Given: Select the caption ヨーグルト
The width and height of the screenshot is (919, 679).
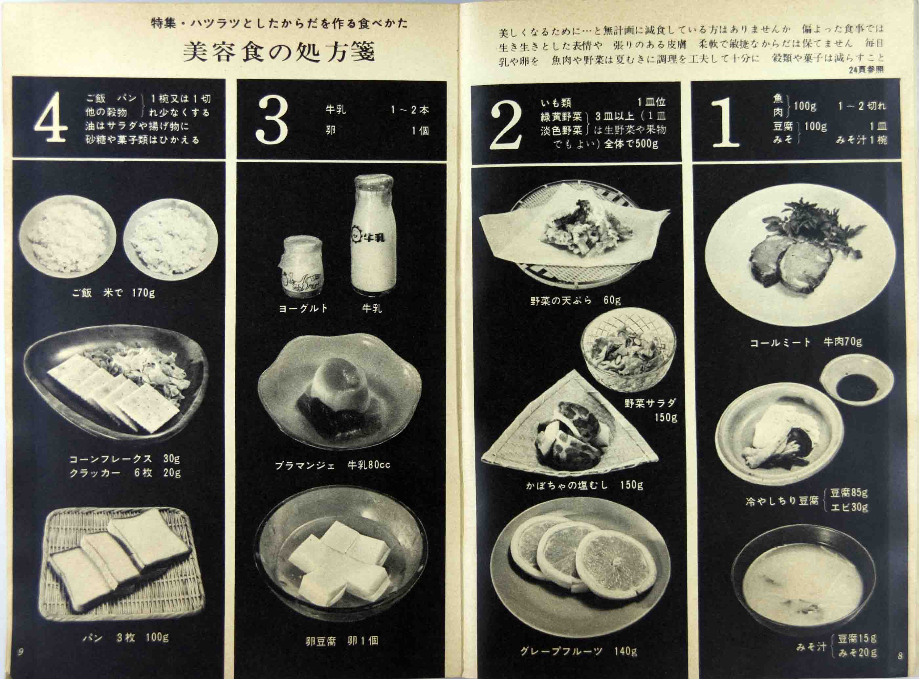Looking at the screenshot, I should coord(304,308).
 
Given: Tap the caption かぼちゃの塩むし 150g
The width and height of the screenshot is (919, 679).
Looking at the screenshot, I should coord(584,485).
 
